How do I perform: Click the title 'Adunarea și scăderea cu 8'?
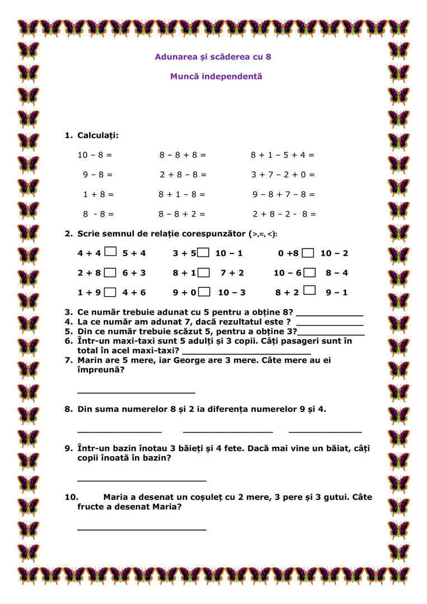click(213, 57)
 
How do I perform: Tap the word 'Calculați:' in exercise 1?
click(98, 135)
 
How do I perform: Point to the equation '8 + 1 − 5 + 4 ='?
click(282, 155)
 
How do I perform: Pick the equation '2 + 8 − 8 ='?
click(183, 175)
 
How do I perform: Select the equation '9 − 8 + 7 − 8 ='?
click(283, 194)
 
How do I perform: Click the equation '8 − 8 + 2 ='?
click(182, 214)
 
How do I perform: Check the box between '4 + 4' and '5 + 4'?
click(111, 252)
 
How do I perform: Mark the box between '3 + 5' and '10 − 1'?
click(203, 252)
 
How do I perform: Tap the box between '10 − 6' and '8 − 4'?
click(309, 273)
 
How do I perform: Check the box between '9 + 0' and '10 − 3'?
click(205, 292)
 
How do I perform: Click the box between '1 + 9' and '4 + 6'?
click(111, 292)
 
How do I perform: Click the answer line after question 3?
click(330, 315)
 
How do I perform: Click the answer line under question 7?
click(136, 392)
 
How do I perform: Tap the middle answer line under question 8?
click(228, 432)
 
